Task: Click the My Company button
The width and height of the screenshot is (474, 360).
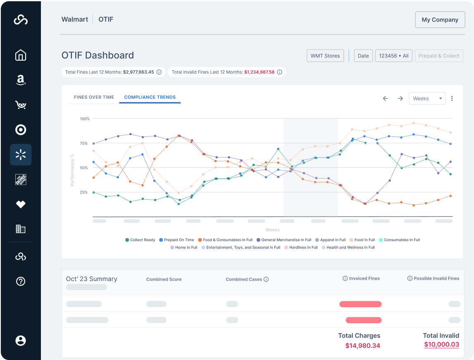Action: tap(440, 20)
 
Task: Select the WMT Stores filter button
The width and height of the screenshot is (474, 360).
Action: tap(325, 56)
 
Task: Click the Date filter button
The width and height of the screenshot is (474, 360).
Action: tap(363, 56)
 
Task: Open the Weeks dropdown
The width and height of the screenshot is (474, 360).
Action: tap(427, 98)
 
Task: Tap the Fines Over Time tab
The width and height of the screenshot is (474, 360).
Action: tap(94, 97)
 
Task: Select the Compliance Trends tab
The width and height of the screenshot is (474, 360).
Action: tap(150, 97)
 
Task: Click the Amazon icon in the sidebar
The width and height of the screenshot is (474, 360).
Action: tap(21, 80)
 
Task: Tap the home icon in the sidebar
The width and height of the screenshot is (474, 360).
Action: tap(21, 55)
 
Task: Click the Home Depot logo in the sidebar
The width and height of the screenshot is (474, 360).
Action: tap(21, 179)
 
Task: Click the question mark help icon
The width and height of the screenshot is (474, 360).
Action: tap(21, 281)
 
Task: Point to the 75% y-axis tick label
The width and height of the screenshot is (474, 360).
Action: tap(84, 143)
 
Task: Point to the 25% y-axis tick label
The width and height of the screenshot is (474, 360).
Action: tap(84, 192)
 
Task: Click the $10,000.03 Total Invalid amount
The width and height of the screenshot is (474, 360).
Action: tap(441, 344)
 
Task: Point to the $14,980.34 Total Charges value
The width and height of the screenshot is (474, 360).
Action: tap(362, 346)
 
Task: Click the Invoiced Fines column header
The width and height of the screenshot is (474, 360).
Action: tap(361, 279)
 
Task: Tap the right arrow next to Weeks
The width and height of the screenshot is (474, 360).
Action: tap(400, 98)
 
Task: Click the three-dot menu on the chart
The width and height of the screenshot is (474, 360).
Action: tap(452, 98)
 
